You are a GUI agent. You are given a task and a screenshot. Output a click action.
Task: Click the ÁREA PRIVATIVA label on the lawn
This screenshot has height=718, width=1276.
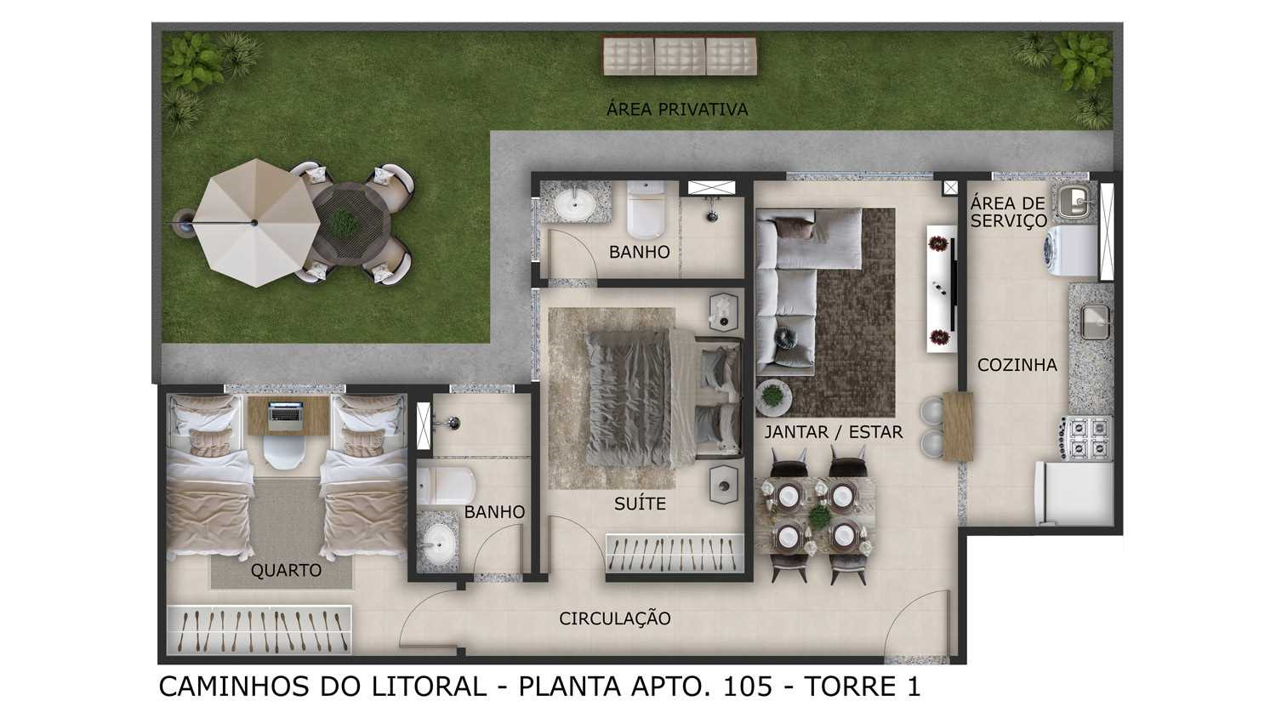click(677, 108)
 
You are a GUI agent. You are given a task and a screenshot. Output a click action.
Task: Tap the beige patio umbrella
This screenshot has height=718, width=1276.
click(255, 222)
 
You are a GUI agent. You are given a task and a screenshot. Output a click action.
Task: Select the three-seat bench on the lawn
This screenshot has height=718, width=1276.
click(681, 56)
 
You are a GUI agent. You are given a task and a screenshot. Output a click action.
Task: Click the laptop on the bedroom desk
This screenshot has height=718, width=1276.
click(285, 415)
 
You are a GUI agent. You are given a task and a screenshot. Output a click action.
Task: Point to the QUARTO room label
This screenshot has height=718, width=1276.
click(286, 570)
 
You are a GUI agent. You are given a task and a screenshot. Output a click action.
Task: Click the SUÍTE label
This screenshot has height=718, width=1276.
click(640, 504)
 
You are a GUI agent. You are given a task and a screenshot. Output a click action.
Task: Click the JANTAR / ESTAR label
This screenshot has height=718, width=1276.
click(834, 432)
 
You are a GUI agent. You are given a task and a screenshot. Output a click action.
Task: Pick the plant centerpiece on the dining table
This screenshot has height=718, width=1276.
click(819, 516)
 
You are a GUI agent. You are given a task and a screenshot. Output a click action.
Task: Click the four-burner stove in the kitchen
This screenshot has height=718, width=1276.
click(1085, 437)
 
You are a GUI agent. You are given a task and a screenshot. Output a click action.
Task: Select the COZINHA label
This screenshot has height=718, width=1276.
click(1017, 365)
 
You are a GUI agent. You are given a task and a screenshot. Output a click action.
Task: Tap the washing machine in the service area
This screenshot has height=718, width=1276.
click(1070, 251)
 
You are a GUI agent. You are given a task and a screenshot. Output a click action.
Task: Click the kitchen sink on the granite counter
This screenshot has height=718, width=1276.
click(1096, 322)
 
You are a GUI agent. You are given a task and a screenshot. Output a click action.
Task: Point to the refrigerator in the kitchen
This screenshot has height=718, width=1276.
click(1074, 493)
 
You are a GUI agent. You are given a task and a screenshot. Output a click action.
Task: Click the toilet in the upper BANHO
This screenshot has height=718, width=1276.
click(646, 209)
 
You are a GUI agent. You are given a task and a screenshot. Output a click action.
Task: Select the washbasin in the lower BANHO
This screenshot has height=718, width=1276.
click(437, 543)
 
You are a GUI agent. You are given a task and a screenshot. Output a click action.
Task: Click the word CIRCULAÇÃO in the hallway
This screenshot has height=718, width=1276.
click(615, 618)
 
